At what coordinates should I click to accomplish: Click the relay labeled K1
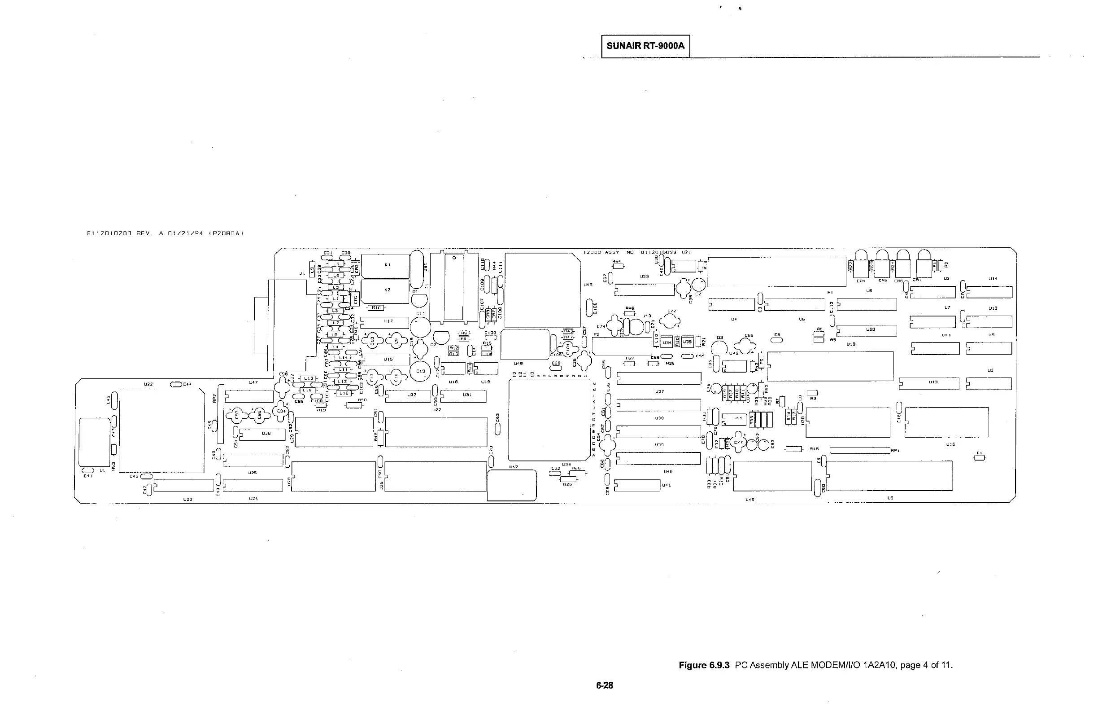386,265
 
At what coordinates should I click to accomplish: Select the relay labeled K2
386,291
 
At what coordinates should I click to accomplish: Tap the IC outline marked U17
385,321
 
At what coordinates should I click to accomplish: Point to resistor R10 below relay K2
375,307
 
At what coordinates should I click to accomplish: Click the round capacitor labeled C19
420,371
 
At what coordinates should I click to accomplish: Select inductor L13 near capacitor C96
308,378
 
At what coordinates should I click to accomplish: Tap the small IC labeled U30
262,434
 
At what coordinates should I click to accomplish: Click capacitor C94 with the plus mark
281,411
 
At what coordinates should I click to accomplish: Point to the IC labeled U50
867,330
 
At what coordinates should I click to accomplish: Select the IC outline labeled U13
929,383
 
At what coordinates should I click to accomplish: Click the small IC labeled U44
733,419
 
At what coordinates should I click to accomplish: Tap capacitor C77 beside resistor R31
738,442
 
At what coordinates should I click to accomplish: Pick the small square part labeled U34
667,342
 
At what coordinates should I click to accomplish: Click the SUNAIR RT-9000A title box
645,46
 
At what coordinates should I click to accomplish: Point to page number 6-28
604,685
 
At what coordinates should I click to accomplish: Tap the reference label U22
148,384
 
